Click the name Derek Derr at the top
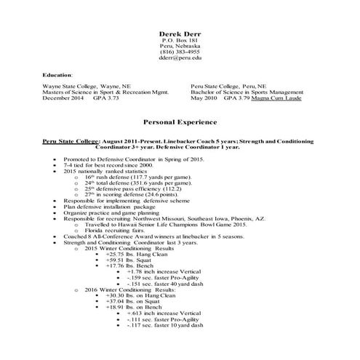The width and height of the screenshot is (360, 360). coord(179,34)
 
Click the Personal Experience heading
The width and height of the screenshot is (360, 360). coord(179,124)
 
